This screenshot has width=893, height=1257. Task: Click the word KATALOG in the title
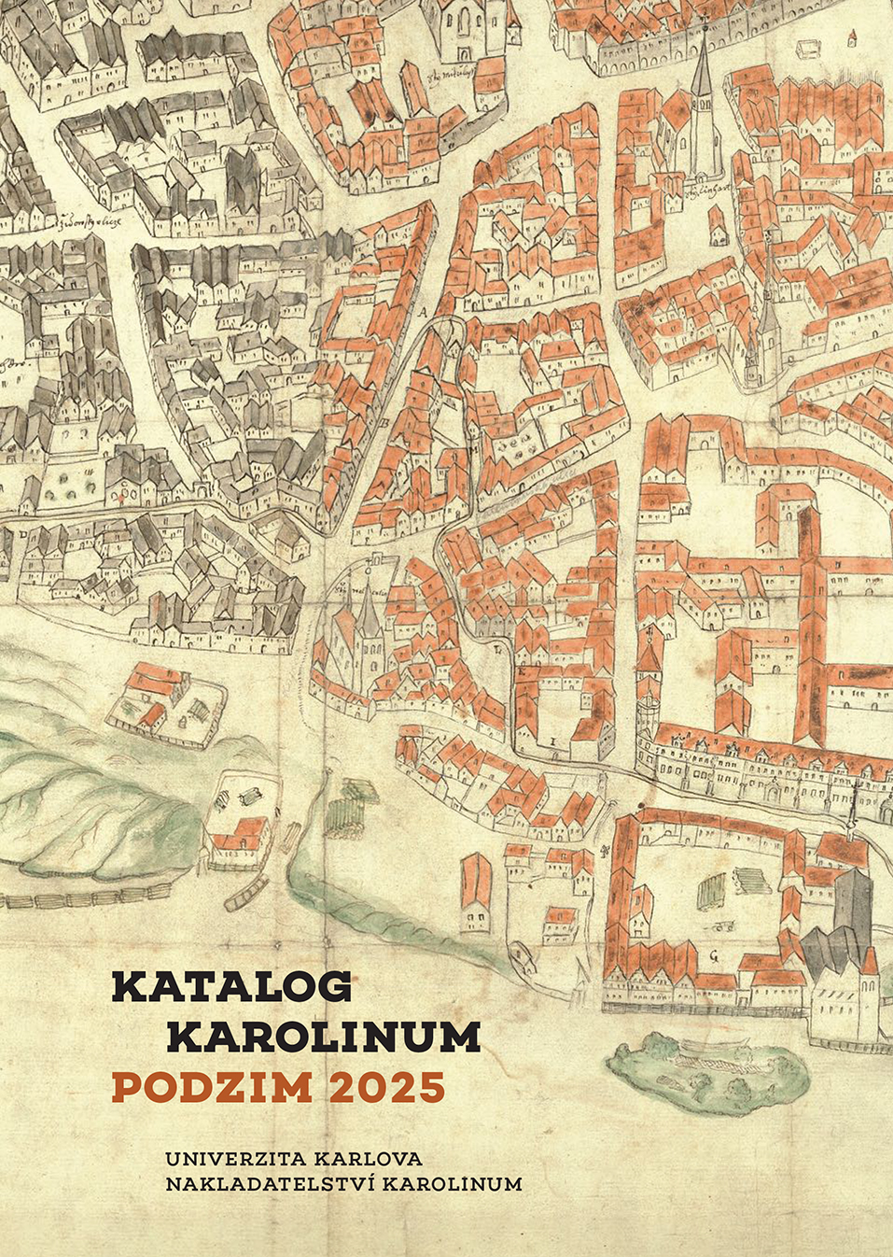tap(232, 986)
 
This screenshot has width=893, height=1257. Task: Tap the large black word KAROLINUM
tap(328, 1036)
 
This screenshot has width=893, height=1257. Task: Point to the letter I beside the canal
tap(553, 740)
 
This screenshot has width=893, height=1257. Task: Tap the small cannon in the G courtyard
tap(719, 927)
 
